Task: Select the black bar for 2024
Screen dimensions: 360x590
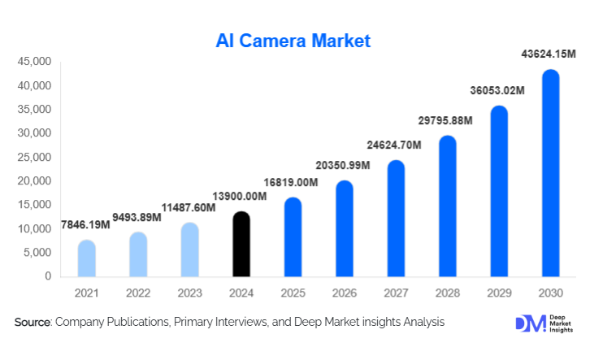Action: click(241, 245)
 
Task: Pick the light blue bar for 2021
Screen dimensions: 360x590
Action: click(87, 258)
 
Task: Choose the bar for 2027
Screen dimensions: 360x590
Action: click(396, 219)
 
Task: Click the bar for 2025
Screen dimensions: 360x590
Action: click(293, 237)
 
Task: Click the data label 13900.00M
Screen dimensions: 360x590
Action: click(241, 197)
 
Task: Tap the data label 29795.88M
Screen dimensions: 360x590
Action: click(446, 121)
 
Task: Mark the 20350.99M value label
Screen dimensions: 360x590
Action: click(343, 165)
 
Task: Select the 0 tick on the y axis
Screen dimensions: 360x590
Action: click(48, 276)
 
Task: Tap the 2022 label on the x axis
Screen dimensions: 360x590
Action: click(138, 292)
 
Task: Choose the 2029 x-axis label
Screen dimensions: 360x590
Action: click(498, 292)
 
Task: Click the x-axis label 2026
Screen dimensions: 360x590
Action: click(344, 292)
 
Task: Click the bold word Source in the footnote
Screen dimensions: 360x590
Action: click(33, 323)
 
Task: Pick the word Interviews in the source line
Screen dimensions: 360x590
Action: click(243, 323)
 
